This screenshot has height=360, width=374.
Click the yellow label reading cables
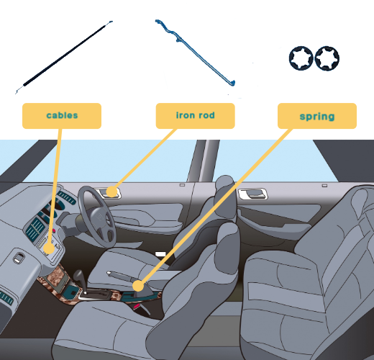coord(62,116)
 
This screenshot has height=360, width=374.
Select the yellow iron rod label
coord(195,116)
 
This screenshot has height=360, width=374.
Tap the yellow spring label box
coord(317,116)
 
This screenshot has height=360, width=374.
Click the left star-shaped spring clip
coord(301,58)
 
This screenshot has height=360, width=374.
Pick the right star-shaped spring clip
coord(327,58)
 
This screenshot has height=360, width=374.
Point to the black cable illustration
coord(64,58)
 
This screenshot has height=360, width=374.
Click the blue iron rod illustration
coord(195,53)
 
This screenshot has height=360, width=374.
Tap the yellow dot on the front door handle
coord(111,192)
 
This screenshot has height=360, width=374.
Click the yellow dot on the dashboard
coord(49,248)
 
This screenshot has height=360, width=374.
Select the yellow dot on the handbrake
coord(138,286)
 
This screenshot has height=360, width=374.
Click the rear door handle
coord(252,194)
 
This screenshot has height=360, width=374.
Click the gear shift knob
coord(78,276)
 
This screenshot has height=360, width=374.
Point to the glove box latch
coord(18,258)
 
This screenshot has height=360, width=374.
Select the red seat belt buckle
coord(137,306)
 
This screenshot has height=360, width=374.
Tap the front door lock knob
coord(182,185)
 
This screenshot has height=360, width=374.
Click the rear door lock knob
coord(324,186)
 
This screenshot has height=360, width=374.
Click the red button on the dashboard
coord(54,231)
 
